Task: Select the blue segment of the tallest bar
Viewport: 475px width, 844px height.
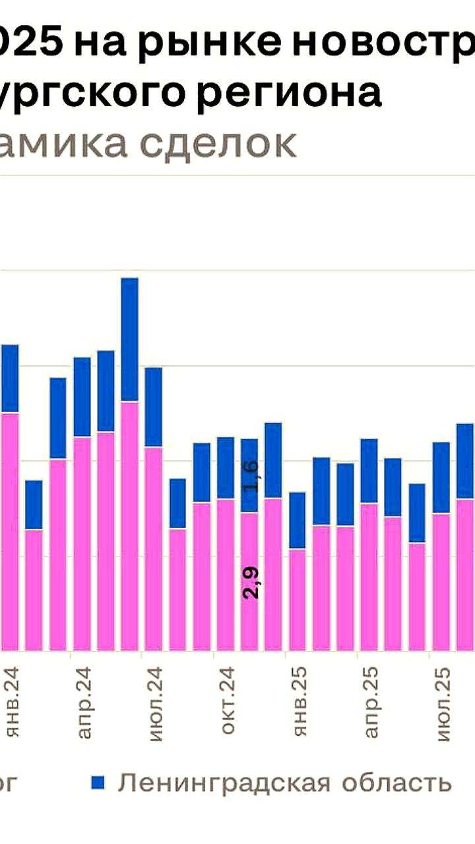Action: pos(130,339)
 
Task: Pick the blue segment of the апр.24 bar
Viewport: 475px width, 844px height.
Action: pos(82,397)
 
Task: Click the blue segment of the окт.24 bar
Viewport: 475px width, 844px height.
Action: pos(226,467)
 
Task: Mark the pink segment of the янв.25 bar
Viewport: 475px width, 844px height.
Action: pos(298,599)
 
